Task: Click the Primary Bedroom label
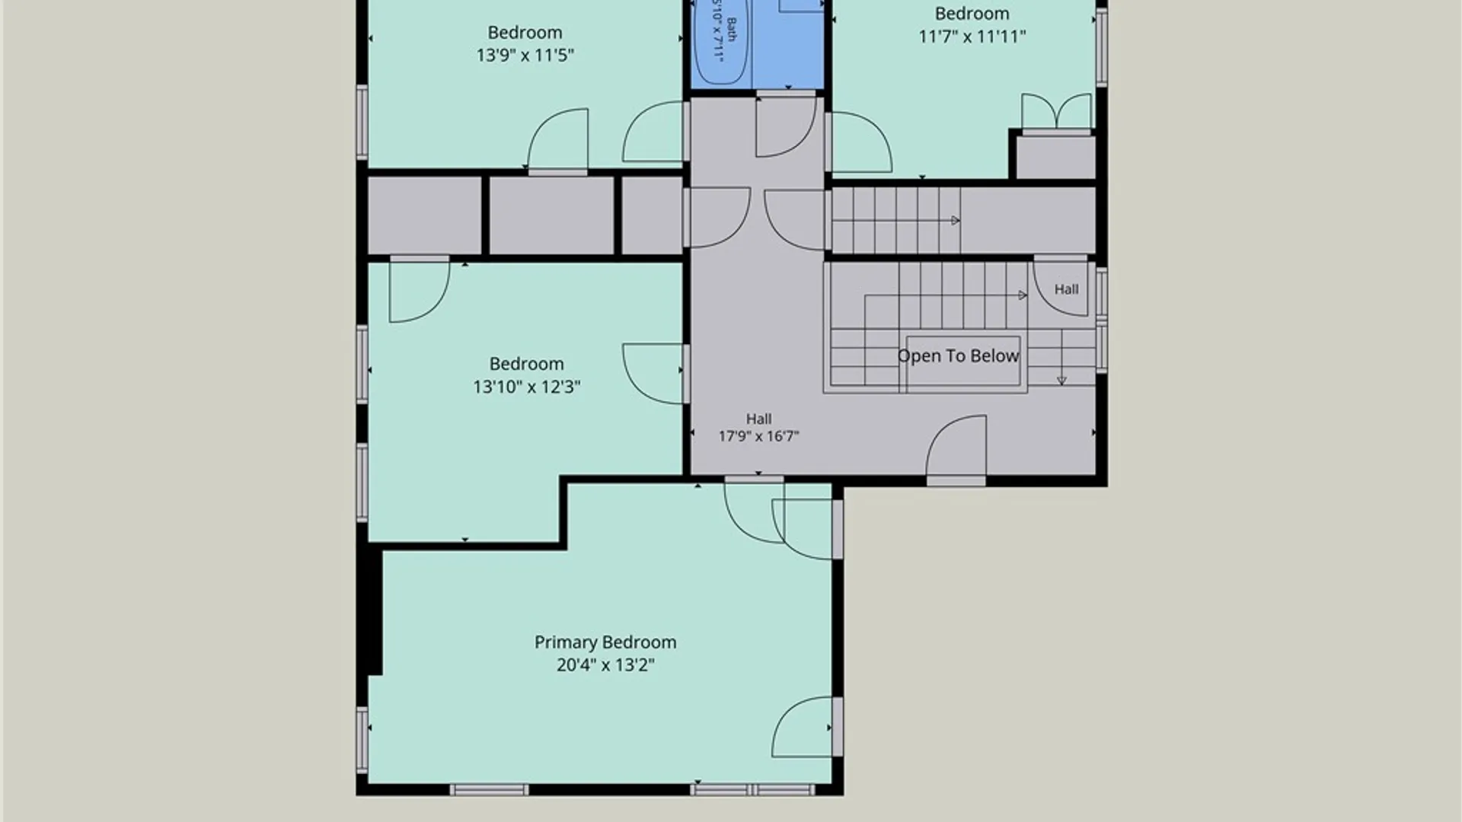(x=605, y=642)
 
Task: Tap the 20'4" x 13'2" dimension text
(x=605, y=665)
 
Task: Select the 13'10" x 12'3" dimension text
(x=526, y=387)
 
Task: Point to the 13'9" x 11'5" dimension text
(x=525, y=55)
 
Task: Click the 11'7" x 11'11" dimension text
(x=972, y=37)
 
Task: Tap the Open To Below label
(x=958, y=356)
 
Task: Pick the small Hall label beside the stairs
(x=1066, y=289)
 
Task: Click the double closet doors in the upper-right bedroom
(x=1056, y=113)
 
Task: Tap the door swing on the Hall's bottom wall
(x=956, y=449)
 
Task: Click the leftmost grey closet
(x=424, y=215)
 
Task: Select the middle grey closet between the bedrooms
(x=551, y=215)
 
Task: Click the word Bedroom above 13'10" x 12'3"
(x=526, y=364)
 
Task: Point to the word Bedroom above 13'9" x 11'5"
(x=525, y=33)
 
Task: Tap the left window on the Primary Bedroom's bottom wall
(x=489, y=790)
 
